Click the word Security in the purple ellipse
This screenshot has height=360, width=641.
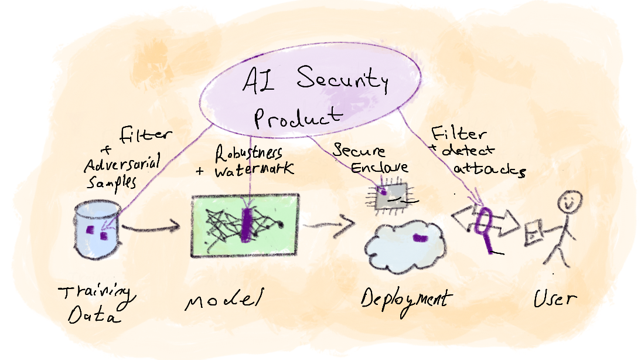click(x=343, y=79)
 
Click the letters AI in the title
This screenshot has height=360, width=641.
click(x=259, y=79)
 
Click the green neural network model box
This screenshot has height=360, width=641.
click(x=245, y=225)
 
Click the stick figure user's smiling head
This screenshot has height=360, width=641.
click(x=570, y=202)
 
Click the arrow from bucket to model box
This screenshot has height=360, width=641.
click(x=151, y=227)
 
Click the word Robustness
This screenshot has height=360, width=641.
click(x=248, y=153)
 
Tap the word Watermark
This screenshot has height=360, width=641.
click(x=254, y=169)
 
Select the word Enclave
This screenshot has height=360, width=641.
click(x=379, y=167)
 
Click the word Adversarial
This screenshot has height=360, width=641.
click(x=122, y=164)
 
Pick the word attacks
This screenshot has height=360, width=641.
click(x=489, y=169)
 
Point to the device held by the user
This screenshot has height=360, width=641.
click(x=534, y=233)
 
